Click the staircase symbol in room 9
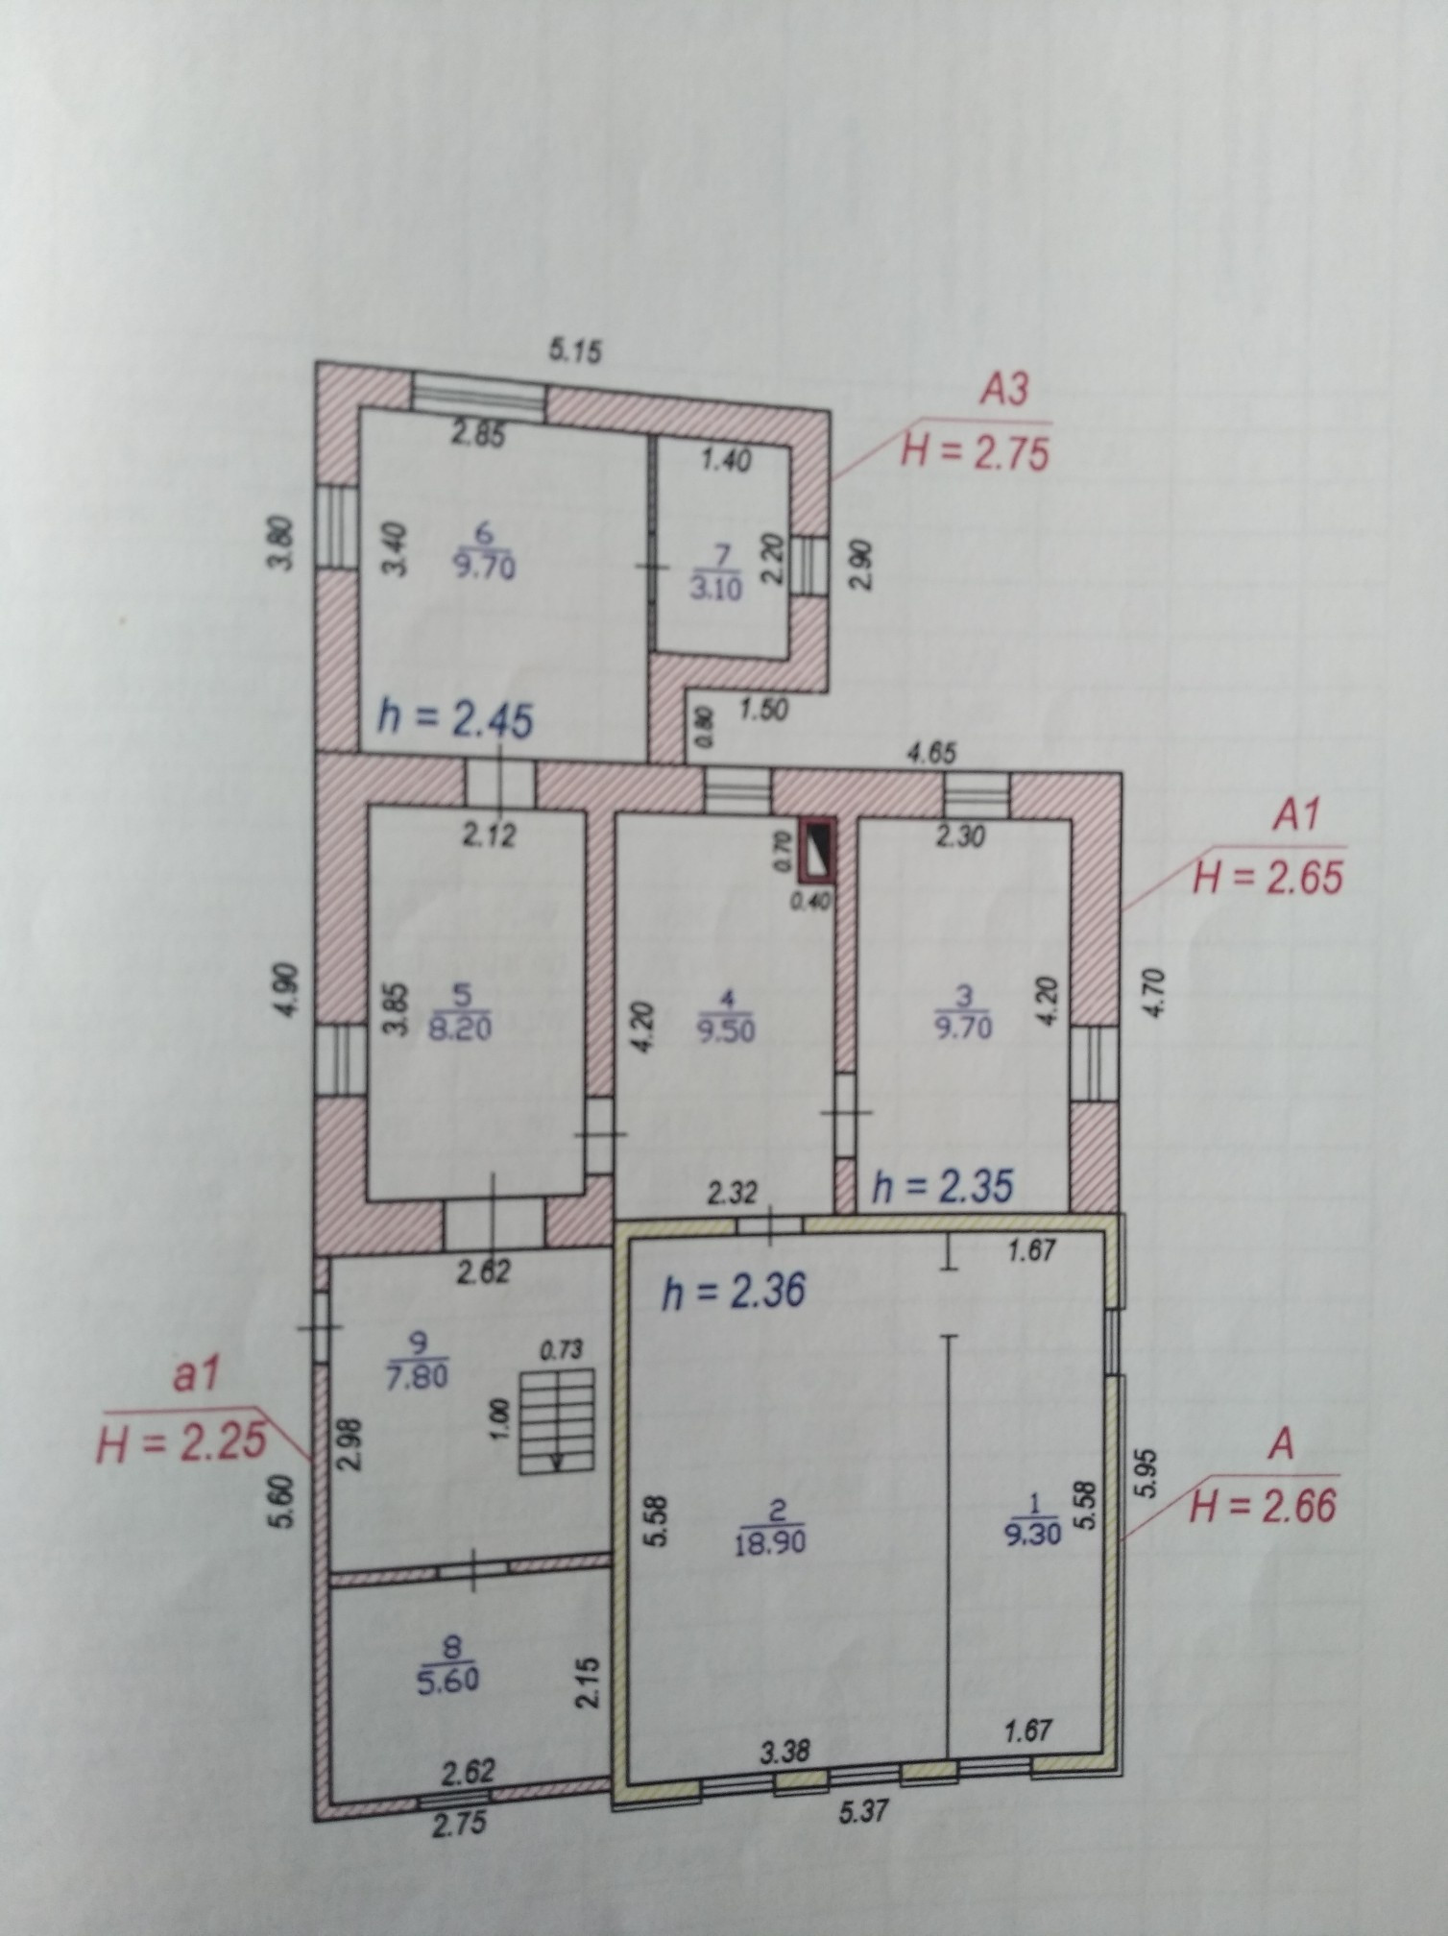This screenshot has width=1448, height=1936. coord(557,1422)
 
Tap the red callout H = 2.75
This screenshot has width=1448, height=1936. coord(976,451)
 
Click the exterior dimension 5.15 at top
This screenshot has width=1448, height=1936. coord(574,351)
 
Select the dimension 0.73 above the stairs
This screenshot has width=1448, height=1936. coord(562,1350)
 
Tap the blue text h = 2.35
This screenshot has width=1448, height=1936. coord(941,1188)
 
